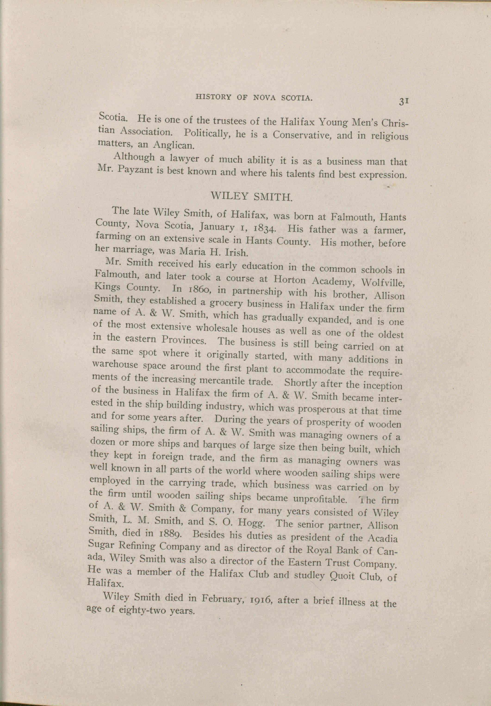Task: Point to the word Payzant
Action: click(x=135, y=170)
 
